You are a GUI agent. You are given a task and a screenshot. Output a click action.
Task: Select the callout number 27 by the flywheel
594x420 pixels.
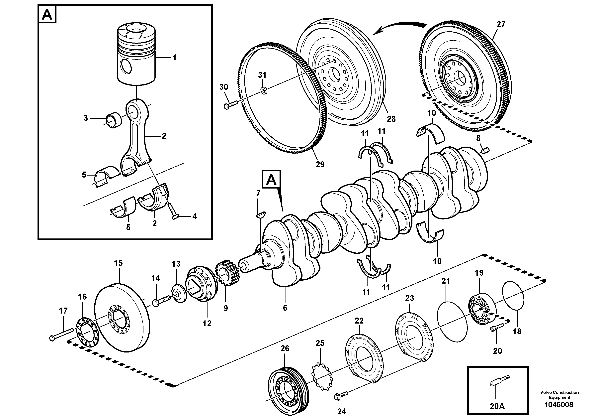[x=501, y=25]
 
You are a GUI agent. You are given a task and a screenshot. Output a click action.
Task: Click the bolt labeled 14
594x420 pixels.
[x=162, y=301]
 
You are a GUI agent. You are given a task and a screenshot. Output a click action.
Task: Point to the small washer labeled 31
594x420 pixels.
[x=264, y=91]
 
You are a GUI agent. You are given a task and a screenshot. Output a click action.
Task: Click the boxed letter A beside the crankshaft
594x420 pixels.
[x=271, y=179]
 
